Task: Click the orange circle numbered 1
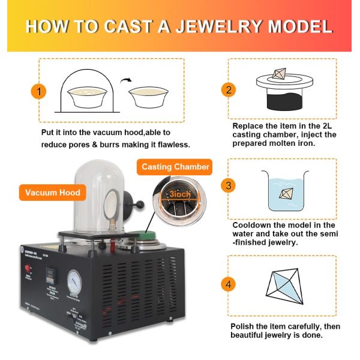pos(38,92)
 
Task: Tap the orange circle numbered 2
pos(227,90)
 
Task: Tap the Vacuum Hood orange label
pos(53,193)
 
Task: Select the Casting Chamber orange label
pos(175,167)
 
